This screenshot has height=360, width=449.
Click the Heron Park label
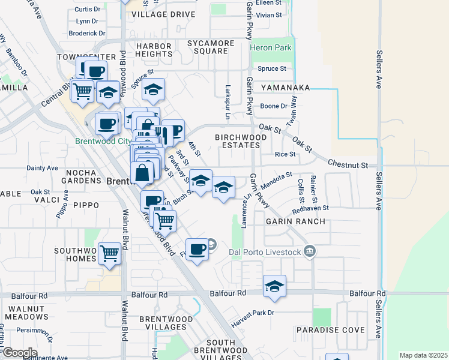pyautogui.click(x=270, y=47)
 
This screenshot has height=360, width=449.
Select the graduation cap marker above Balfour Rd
pyautogui.click(x=274, y=286)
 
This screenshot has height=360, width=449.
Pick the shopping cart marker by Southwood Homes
pyautogui.click(x=109, y=254)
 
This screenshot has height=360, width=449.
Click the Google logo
pyautogui.click(x=19, y=352)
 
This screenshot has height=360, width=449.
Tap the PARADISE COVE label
pyautogui.click(x=330, y=331)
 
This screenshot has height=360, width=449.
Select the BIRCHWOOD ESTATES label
pyautogui.click(x=241, y=142)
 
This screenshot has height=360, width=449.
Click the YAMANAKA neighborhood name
pyautogui.click(x=281, y=88)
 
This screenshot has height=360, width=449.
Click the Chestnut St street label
pyautogui.click(x=351, y=164)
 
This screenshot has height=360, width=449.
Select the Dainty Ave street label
pyautogui.click(x=42, y=168)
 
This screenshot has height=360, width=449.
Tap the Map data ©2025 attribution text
pyautogui.click(x=423, y=355)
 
